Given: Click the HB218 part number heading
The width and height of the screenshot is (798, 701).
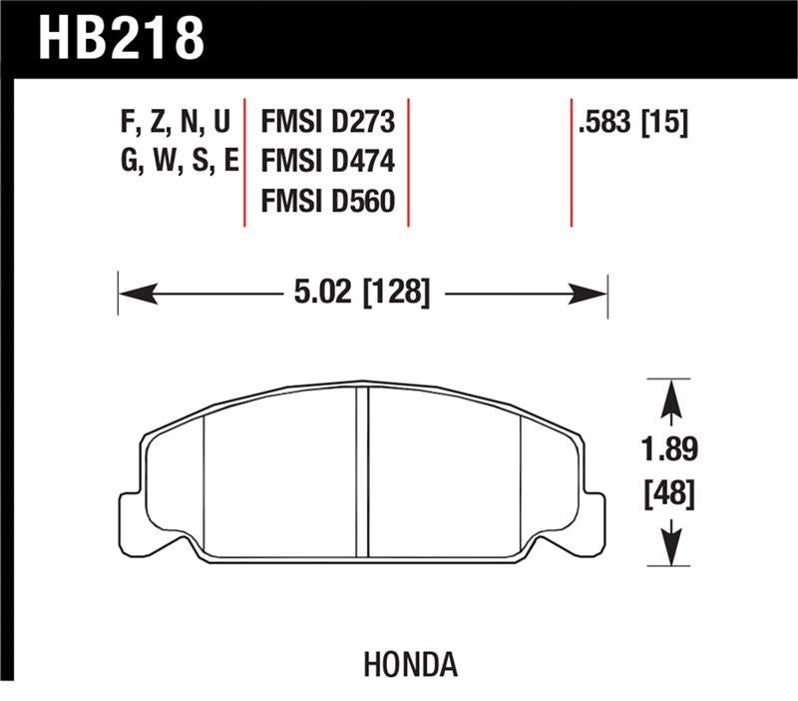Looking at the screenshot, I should (121, 38).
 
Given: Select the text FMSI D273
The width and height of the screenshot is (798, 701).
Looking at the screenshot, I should (328, 123).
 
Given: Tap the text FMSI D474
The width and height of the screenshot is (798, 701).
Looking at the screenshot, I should (328, 162).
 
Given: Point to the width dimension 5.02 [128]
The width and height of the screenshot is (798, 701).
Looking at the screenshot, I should (363, 293).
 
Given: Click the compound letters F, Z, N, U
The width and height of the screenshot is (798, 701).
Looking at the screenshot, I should (176, 123).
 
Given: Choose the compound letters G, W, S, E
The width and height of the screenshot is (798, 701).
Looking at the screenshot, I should (176, 162).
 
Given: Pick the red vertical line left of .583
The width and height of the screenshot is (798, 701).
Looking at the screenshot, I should (572, 163).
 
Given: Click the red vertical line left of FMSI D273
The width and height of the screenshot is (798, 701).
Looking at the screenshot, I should (245, 163).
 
